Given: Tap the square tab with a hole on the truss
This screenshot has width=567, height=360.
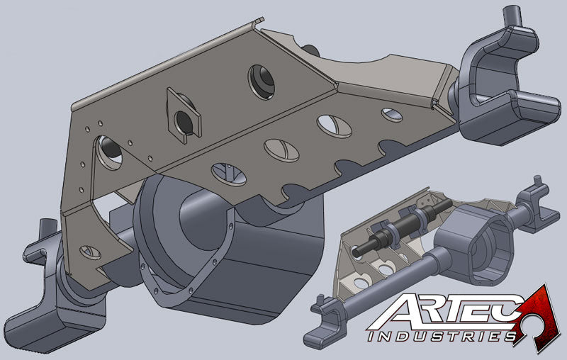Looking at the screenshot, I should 184,116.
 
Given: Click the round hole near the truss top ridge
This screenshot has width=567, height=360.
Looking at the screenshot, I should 260,80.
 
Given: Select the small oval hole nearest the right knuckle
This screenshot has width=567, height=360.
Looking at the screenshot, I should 391,113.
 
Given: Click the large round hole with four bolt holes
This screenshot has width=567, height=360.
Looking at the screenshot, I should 110,151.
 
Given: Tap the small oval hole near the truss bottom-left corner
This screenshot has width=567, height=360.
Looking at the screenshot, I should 90,251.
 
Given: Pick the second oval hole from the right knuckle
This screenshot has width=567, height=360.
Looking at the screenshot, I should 334,126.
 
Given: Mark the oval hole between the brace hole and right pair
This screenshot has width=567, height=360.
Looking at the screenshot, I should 281,150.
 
